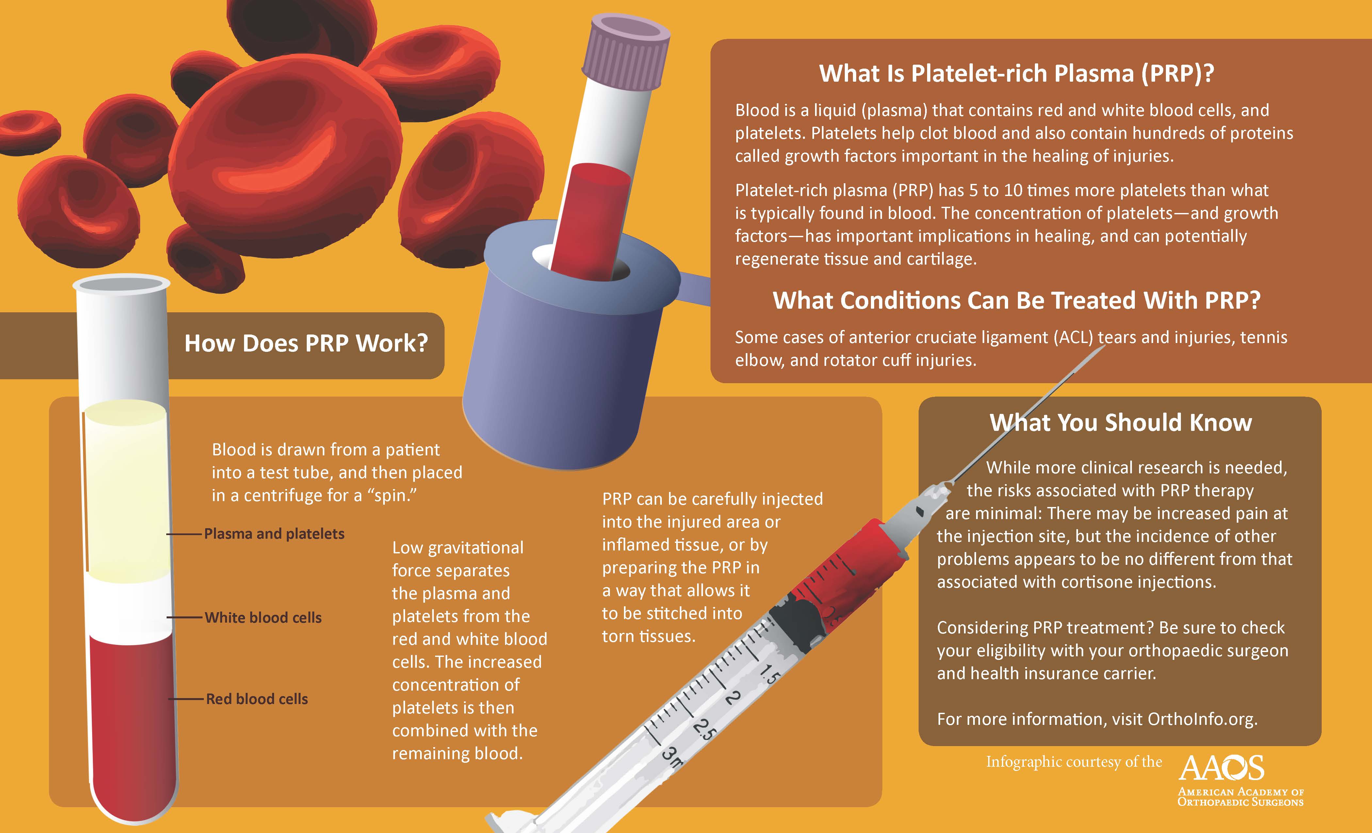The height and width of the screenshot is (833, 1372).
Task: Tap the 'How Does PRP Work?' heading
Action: [x=306, y=343]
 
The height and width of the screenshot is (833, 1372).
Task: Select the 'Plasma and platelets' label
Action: [x=274, y=533]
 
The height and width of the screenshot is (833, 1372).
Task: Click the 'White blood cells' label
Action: [x=263, y=617]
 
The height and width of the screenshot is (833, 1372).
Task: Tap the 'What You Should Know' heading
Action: [x=1120, y=423]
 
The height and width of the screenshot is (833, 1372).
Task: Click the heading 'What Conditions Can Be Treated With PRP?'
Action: [x=1016, y=301]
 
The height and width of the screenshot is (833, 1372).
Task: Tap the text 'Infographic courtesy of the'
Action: [x=1073, y=762]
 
